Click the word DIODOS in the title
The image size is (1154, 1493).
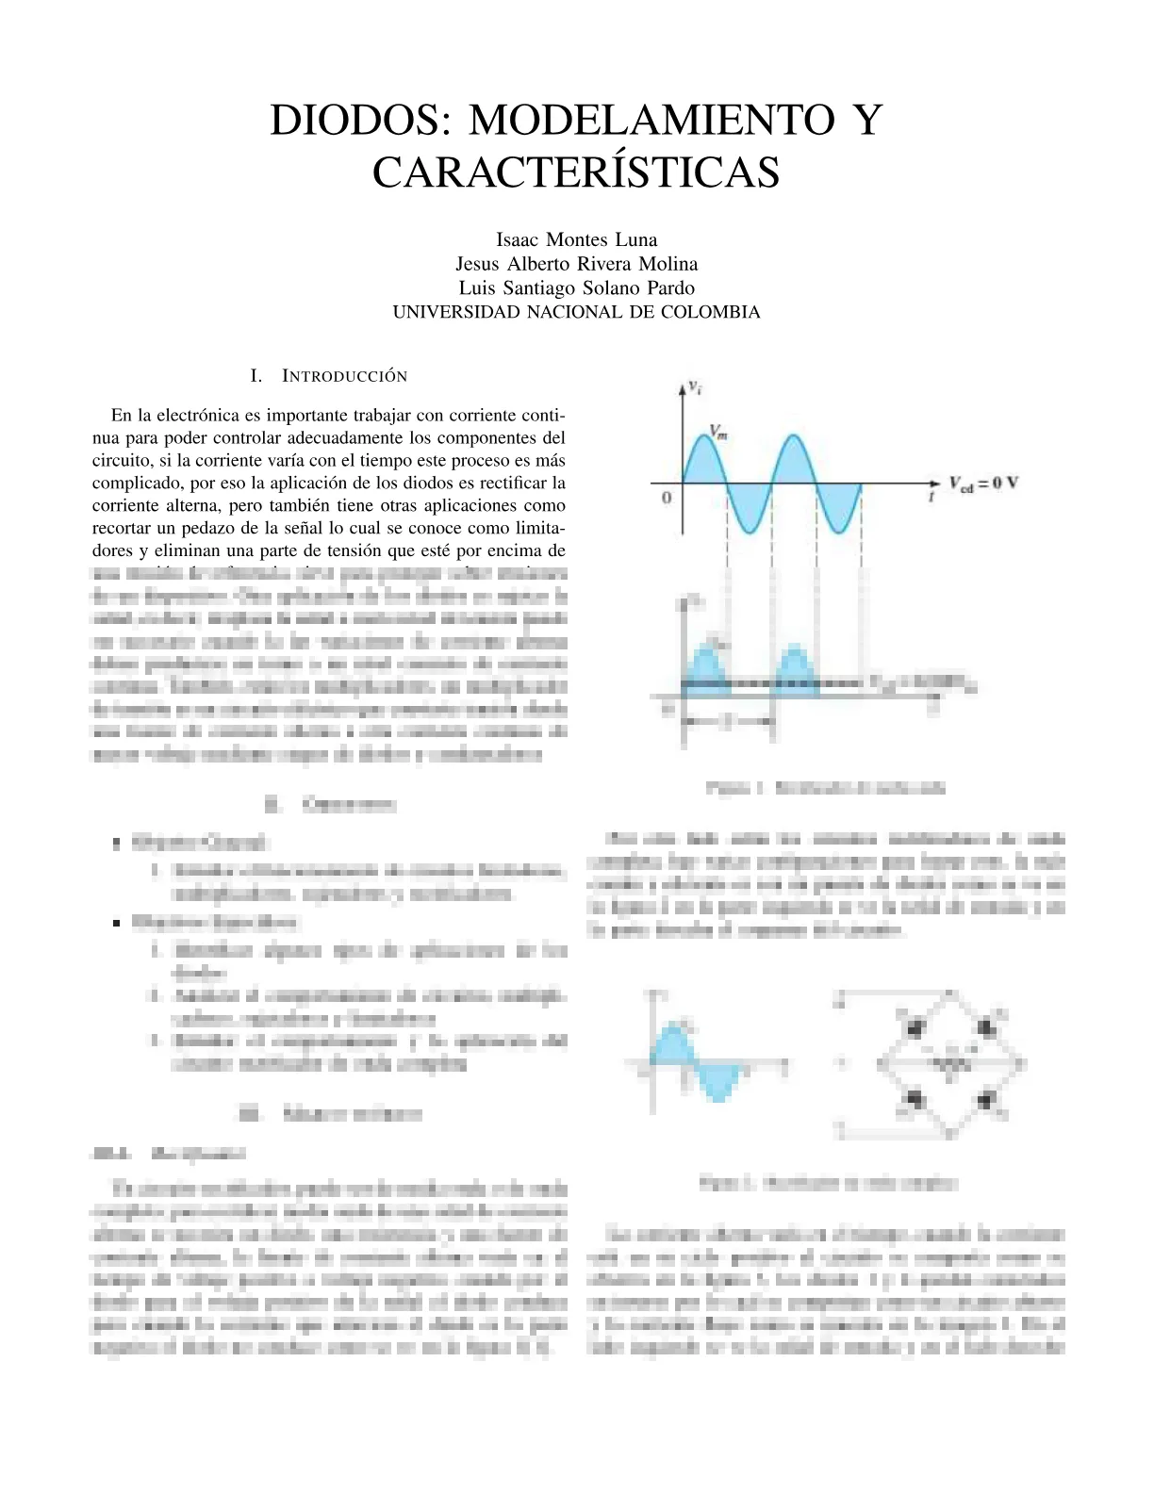(354, 121)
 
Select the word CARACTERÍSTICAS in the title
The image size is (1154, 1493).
(576, 172)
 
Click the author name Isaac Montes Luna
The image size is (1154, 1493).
(576, 239)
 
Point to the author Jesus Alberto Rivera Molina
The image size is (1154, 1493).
(576, 264)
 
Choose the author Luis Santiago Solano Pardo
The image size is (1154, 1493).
(576, 288)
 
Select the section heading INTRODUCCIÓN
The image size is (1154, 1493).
(345, 376)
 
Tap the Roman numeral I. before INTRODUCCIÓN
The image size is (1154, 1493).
(256, 376)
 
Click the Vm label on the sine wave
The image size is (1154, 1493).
(718, 433)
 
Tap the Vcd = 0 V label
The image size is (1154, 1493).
(983, 484)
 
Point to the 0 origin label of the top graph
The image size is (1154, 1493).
(667, 497)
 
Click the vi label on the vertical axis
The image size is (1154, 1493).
(695, 386)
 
